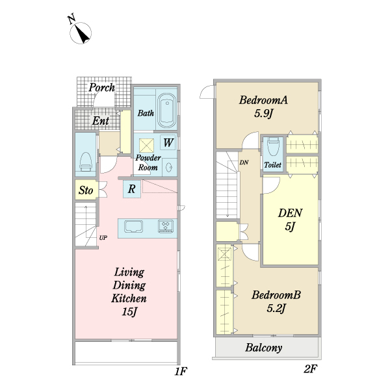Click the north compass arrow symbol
click(83, 32)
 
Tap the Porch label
click(102, 87)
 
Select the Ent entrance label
click(100, 120)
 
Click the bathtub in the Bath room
click(167, 110)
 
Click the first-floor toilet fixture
click(84, 161)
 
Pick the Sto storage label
click(85, 190)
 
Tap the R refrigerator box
click(132, 189)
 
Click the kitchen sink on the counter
click(134, 227)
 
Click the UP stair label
click(103, 238)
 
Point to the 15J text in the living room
click(129, 313)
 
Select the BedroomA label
click(263, 100)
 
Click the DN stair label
click(244, 162)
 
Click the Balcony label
click(264, 348)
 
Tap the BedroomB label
click(276, 294)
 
